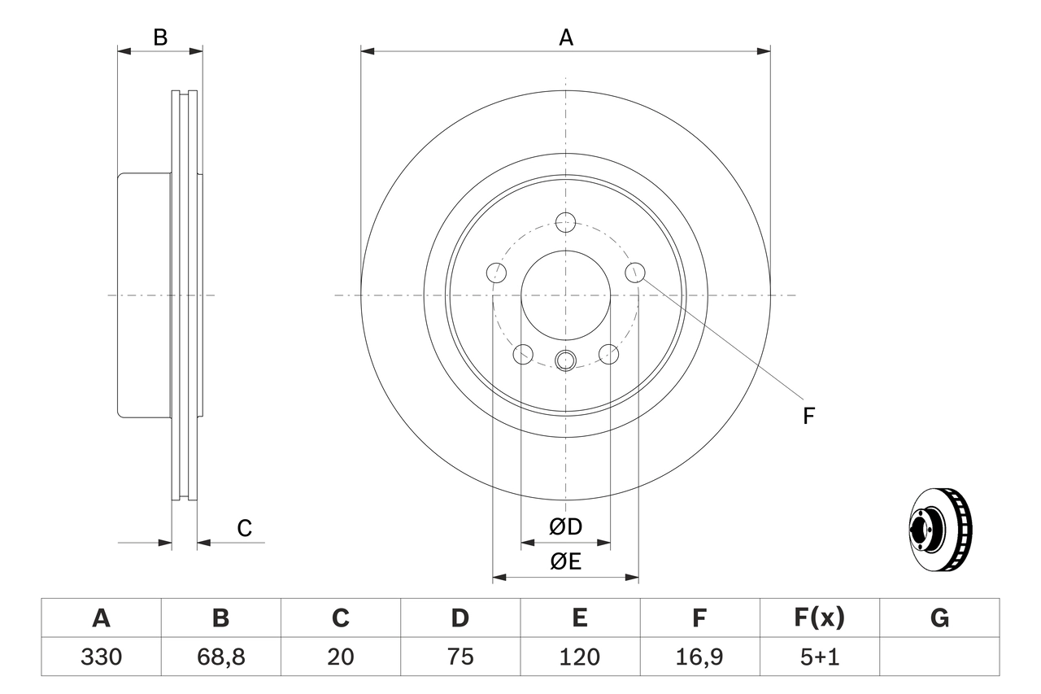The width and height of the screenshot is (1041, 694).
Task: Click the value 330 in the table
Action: tap(101, 657)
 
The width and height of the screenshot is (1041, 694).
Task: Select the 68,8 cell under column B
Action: tap(220, 657)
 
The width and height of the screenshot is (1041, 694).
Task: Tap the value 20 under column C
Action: tap(340, 657)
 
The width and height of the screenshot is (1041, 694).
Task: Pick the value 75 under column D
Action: tap(460, 657)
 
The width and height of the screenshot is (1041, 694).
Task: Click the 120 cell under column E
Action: tap(579, 657)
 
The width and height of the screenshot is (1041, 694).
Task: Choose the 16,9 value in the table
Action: tap(699, 657)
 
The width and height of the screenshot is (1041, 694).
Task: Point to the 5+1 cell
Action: tap(819, 657)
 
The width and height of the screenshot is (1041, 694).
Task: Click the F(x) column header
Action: tap(819, 619)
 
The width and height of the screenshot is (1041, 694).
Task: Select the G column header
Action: tap(939, 619)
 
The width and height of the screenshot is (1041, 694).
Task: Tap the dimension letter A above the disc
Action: tap(565, 37)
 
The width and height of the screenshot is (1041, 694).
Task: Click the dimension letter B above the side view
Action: tap(160, 37)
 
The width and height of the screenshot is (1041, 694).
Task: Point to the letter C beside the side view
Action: tap(245, 529)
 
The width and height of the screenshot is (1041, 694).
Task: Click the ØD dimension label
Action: tap(566, 527)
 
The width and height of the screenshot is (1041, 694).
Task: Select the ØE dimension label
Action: tap(566, 561)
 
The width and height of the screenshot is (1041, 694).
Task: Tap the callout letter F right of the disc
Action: tap(808, 417)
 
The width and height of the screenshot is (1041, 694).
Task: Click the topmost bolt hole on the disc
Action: tap(565, 221)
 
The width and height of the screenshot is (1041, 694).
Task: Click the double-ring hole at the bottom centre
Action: tap(565, 359)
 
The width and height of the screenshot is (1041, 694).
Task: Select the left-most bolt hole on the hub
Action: tap(495, 272)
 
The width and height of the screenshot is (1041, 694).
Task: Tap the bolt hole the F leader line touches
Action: tap(635, 272)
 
